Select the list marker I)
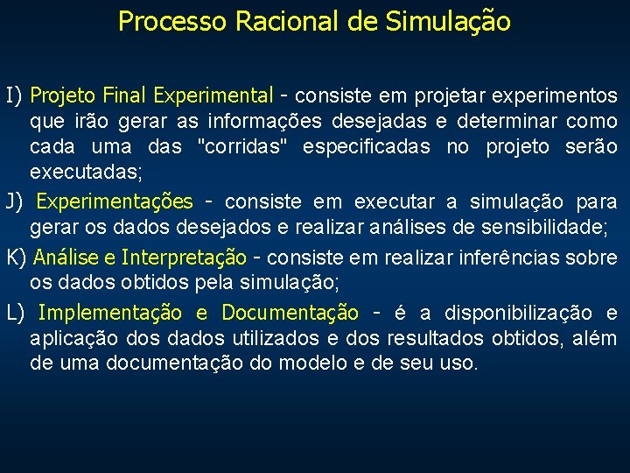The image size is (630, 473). pos(16,95)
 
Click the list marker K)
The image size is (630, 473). pos(17,258)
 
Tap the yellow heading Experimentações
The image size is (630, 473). pos(115,202)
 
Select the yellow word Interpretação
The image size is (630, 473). pos(184,258)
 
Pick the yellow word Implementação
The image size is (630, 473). pos(110,313)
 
